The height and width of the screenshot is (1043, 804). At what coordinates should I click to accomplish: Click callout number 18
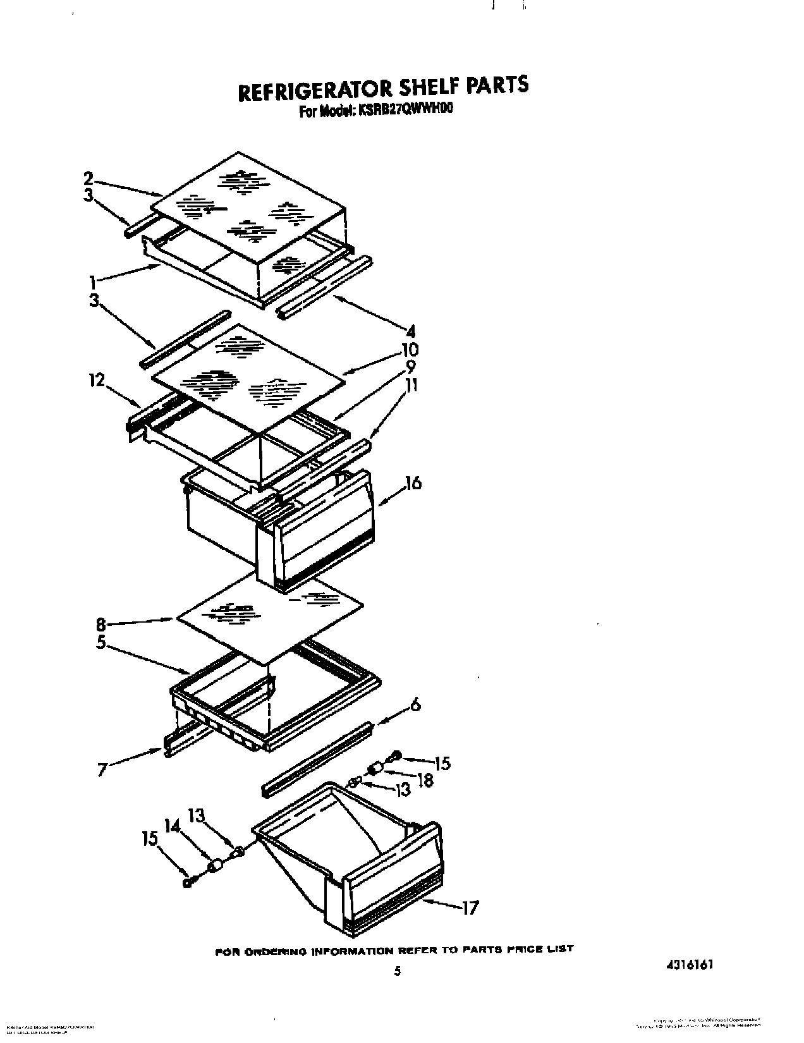[425, 781]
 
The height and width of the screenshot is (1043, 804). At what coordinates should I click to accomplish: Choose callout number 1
[92, 279]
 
